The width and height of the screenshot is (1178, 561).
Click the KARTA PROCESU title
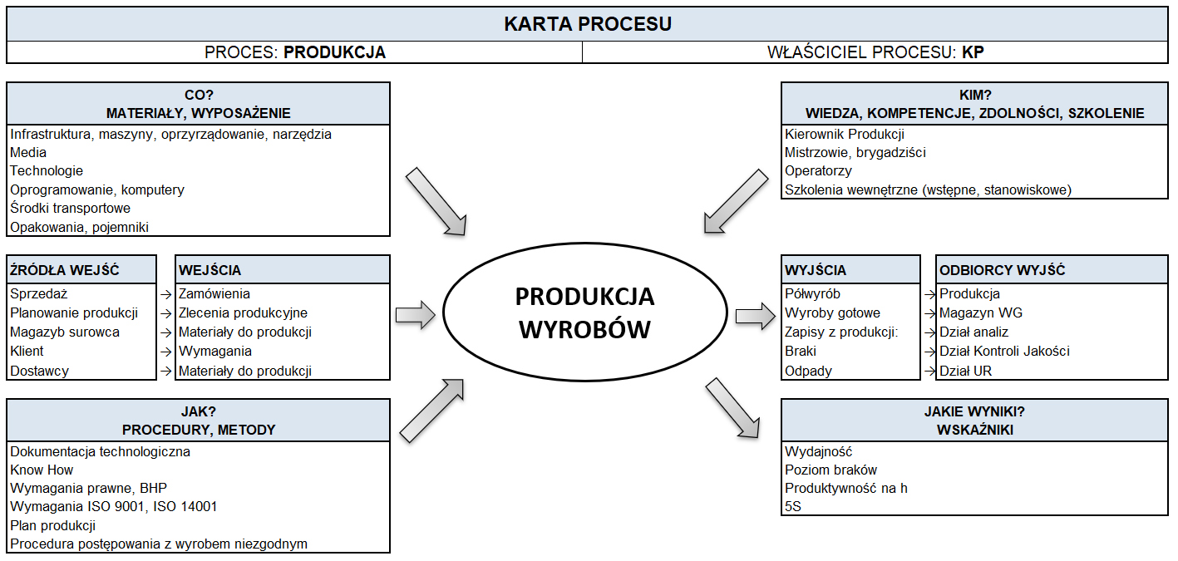coord(588,24)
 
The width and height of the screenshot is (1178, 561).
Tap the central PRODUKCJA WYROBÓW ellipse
coord(584,313)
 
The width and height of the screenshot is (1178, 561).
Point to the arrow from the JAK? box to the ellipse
coord(433,409)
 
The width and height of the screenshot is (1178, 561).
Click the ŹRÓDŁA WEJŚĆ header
coord(65,270)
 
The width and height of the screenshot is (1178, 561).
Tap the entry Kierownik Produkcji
coord(845,134)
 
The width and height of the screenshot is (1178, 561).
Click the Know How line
coord(42,470)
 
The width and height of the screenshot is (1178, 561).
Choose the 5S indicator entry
coord(793,506)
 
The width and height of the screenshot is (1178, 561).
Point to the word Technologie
coord(47,171)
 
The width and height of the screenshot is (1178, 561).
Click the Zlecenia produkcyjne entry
coord(243,313)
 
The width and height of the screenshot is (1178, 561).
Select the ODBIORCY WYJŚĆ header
coord(1002,270)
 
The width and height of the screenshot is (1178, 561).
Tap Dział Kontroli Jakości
coord(1004,352)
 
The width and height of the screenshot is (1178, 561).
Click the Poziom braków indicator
coord(831,470)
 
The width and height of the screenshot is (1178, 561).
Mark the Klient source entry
coord(27,352)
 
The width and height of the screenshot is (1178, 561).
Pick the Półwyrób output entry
coord(812,294)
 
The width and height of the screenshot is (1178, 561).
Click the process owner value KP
coord(973,52)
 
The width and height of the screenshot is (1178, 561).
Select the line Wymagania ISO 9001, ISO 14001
coord(114,507)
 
